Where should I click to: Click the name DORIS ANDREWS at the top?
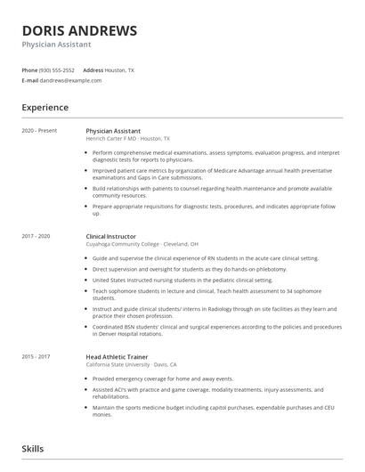[79, 31]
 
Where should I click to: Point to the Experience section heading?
[45, 108]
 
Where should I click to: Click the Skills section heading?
[33, 449]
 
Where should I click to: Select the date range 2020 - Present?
[39, 130]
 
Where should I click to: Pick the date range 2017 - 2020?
[37, 235]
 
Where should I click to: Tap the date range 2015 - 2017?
[37, 356]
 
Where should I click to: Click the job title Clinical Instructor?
[110, 235]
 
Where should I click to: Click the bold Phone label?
[29, 69]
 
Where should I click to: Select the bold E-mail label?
[30, 80]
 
